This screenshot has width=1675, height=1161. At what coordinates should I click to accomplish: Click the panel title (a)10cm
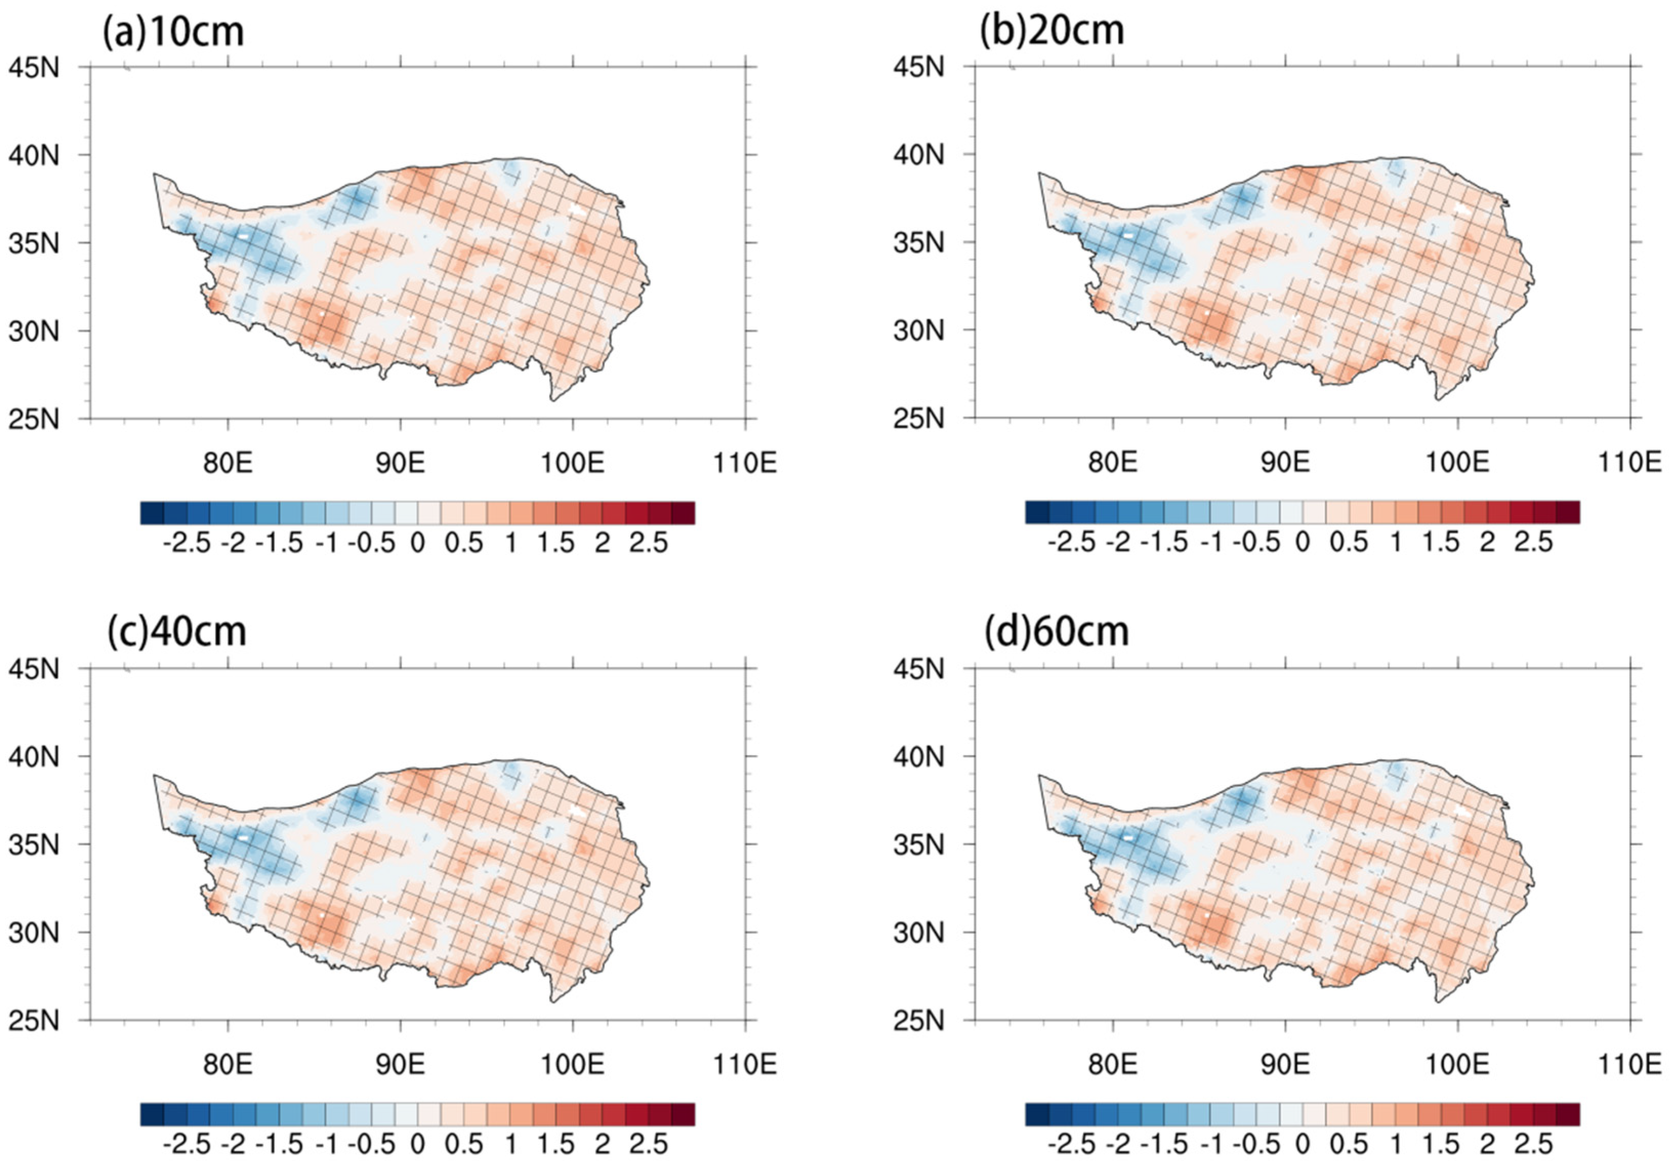[x=173, y=33]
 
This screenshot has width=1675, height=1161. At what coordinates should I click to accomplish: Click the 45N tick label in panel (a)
[x=33, y=68]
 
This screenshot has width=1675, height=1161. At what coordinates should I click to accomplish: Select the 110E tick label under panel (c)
[x=745, y=1064]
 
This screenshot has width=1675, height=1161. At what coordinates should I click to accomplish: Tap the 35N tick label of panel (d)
[x=918, y=844]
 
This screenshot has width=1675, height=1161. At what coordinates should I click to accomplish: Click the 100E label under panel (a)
[x=572, y=463]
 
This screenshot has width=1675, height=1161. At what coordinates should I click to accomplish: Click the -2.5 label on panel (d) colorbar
[x=1071, y=1144]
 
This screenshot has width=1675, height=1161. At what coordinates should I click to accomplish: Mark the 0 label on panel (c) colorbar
[x=417, y=1144]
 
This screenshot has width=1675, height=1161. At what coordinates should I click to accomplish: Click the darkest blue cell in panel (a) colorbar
[x=152, y=513]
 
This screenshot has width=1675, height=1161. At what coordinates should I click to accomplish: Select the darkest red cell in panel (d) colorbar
[x=1567, y=1114]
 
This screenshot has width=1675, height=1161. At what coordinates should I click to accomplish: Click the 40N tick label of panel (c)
[x=33, y=757]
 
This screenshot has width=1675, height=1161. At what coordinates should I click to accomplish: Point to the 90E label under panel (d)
[x=1285, y=1064]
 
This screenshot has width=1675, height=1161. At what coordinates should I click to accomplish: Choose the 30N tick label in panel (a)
[x=33, y=331]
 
